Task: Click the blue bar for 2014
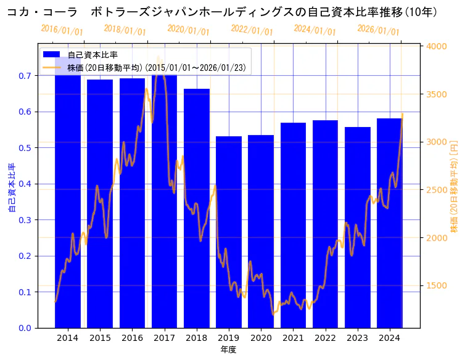[x=67, y=197]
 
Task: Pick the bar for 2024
[x=390, y=223]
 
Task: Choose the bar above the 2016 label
[x=132, y=203]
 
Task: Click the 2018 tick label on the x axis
[x=197, y=338]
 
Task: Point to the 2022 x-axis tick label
[x=326, y=338]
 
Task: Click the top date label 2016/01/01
[x=62, y=30]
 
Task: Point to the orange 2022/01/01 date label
[x=252, y=30]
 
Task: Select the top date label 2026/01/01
[x=378, y=30]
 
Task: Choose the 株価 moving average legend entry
[x=157, y=68]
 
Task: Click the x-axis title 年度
[x=228, y=350]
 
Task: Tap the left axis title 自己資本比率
[x=12, y=188]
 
